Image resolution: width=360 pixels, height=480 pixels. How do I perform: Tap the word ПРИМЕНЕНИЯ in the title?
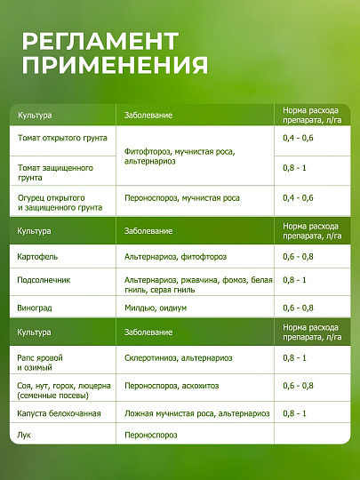click(x=115, y=65)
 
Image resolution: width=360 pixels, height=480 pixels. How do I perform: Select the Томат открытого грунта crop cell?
click(x=62, y=138)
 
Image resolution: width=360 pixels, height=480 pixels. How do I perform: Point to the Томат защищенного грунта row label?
click(x=55, y=172)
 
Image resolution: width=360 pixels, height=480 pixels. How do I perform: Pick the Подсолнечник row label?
click(x=44, y=280)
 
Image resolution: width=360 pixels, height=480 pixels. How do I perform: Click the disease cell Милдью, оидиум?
click(x=156, y=308)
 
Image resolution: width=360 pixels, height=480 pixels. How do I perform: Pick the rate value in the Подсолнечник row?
click(x=294, y=280)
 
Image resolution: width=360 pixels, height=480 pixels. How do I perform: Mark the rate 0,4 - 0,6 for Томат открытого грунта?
click(x=298, y=138)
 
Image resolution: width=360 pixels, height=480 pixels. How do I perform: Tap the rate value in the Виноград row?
click(x=298, y=308)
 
